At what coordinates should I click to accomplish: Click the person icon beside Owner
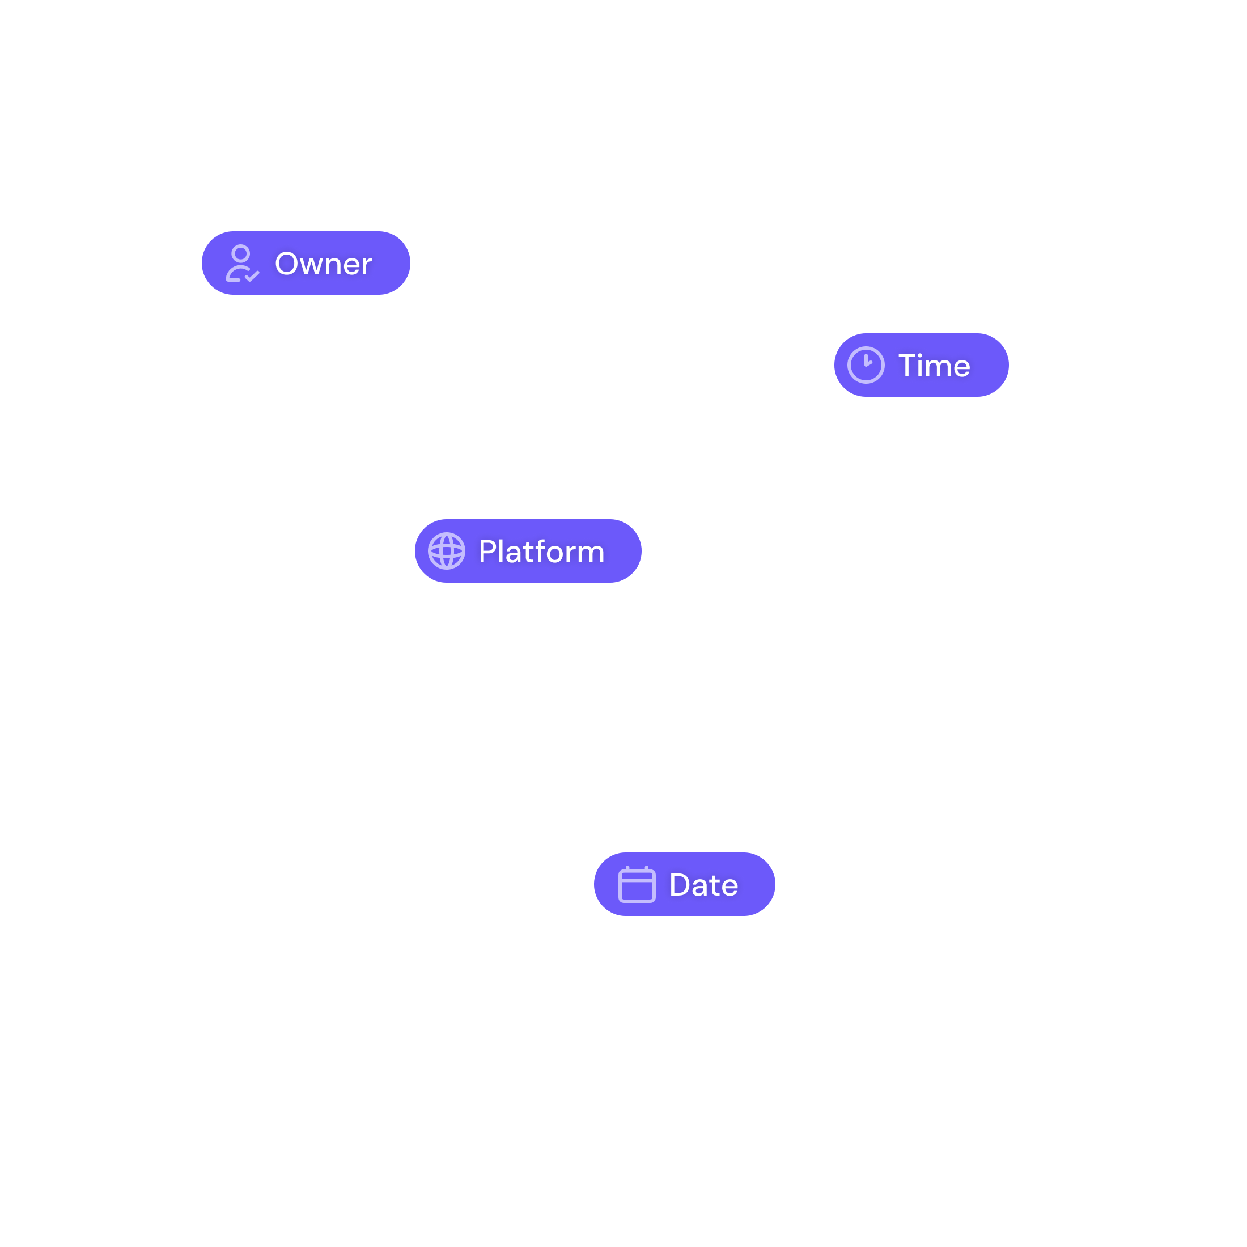(241, 264)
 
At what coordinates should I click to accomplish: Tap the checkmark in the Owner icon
(252, 276)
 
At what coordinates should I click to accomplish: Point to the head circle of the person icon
(241, 253)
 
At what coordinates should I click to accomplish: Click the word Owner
(323, 264)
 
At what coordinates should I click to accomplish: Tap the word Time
(934, 366)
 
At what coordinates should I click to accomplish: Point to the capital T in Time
(909, 366)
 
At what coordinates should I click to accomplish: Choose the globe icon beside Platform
(446, 550)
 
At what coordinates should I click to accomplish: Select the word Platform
(541, 552)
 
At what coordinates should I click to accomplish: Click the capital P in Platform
(488, 552)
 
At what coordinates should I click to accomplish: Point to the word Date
(703, 885)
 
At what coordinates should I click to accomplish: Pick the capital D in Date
(681, 885)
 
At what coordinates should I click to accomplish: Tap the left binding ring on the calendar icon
(627, 869)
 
